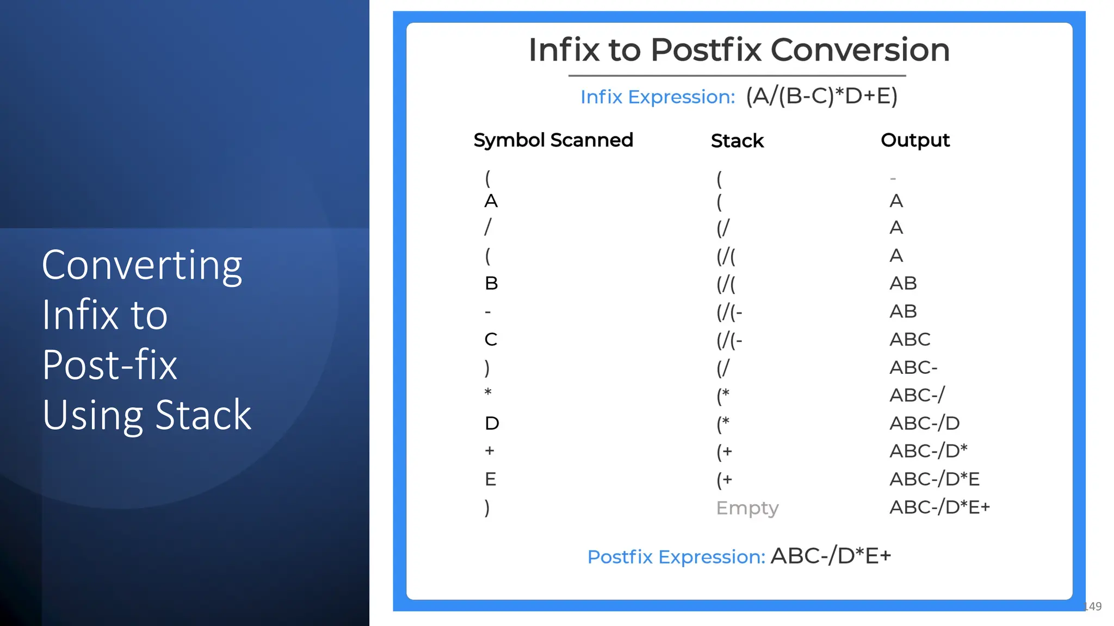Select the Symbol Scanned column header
pos(553,140)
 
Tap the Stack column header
pos(737,141)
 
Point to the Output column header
pos(915,140)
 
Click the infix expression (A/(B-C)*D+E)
pos(821,96)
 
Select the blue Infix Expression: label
pos(657,97)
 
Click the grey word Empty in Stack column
pos(747,508)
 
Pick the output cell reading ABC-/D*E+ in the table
pos(939,507)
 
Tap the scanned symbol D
pos(492,423)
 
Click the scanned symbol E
pos(490,479)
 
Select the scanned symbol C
pos(491,340)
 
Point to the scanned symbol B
pos(491,283)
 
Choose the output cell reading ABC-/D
pos(924,423)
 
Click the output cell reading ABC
pos(909,340)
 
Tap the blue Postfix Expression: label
pos(676,557)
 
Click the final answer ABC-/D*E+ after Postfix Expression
pos(831,556)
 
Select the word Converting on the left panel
pos(142,265)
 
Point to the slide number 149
pos(1093,606)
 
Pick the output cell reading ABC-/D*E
pos(934,479)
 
